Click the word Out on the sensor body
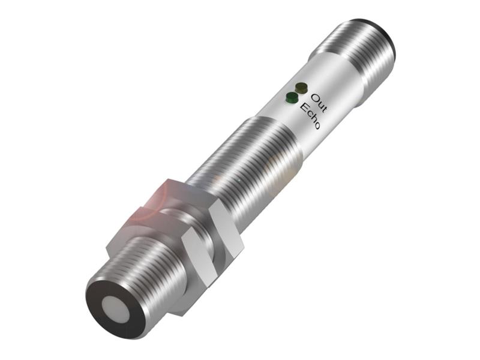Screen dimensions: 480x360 pyautogui.click(x=319, y=103)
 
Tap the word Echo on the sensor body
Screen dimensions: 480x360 pyautogui.click(x=310, y=116)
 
